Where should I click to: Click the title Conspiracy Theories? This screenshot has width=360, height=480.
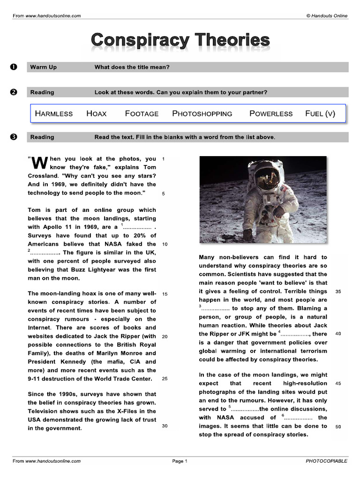(180, 40)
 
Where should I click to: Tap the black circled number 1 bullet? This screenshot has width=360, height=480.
(14, 67)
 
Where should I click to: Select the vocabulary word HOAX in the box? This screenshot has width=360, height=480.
(97, 113)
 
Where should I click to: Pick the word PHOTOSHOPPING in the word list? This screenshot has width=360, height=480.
(202, 113)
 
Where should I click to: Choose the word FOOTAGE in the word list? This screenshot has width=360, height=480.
(142, 113)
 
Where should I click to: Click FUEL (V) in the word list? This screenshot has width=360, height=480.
(320, 113)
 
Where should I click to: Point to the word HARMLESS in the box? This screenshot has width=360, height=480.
(54, 113)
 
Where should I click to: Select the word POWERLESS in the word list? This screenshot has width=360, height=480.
(271, 113)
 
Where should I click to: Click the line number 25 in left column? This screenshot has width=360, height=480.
(165, 379)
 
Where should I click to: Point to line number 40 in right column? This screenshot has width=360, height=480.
(338, 334)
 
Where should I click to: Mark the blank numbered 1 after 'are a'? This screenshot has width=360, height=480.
(137, 228)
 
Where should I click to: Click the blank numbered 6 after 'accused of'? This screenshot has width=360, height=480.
(298, 418)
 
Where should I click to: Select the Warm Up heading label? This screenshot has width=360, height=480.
(43, 67)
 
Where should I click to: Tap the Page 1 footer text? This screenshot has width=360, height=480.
(180, 461)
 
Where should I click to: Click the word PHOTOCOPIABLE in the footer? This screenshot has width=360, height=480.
(326, 461)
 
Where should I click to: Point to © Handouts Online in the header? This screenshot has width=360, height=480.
(327, 15)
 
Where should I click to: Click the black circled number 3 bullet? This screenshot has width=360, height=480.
(14, 137)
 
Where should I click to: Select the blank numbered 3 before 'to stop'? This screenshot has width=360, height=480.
(214, 308)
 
